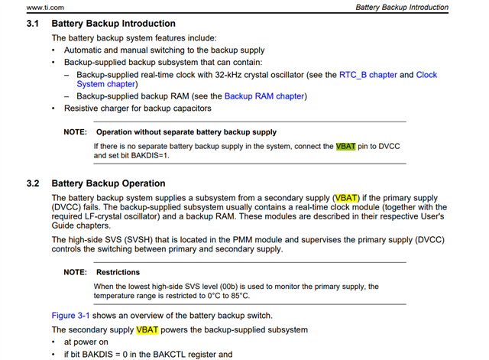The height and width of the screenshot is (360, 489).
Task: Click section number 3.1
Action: coord(33,24)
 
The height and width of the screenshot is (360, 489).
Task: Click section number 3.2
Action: coord(33,183)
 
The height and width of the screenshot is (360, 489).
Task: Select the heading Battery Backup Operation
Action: coord(108,183)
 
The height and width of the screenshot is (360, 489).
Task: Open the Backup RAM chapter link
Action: coord(264,96)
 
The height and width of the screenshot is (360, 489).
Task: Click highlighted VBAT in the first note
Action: coord(346,145)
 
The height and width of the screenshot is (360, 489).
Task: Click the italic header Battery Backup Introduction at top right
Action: coord(402,7)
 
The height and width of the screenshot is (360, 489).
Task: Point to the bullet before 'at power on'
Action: coord(53,342)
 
